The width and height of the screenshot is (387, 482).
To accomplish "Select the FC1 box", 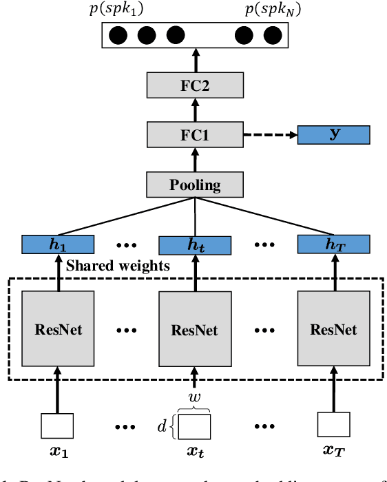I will (196, 134).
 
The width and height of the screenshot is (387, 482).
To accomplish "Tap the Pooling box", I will (196, 185).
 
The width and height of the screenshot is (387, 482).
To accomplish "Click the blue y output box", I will (333, 134).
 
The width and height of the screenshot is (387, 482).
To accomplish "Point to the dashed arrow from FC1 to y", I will (270, 134).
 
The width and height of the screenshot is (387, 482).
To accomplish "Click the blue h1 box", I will (58, 244).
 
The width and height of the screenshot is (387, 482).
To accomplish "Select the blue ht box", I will (196, 245).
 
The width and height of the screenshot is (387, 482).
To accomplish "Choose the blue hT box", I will (333, 244).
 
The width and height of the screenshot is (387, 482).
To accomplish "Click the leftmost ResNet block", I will (58, 328).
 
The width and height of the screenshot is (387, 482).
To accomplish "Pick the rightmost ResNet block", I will (333, 328).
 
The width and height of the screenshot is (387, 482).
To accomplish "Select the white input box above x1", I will (58, 426).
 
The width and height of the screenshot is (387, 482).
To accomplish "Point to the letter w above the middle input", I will (195, 399).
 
